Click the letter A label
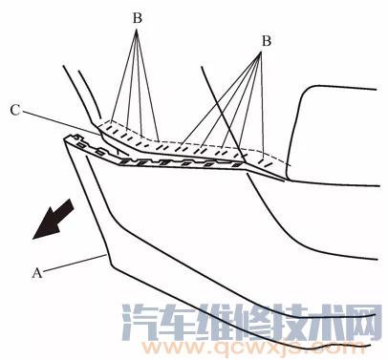click(x=37, y=271)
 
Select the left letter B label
click(x=136, y=16)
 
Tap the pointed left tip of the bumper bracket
click(x=64, y=139)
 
